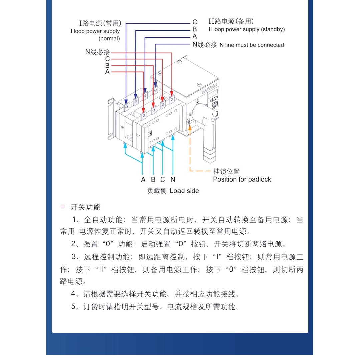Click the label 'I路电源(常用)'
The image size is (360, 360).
click(x=100, y=23)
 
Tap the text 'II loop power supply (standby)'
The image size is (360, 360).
click(x=246, y=29)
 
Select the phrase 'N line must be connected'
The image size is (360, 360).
click(x=252, y=45)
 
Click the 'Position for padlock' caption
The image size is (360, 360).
click(x=242, y=179)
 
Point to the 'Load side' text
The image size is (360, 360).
click(x=184, y=191)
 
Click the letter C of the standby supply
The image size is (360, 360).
click(x=195, y=22)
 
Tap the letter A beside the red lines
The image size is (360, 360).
click(x=107, y=72)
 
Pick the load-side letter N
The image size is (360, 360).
click(x=173, y=179)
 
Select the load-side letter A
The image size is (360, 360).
click(x=143, y=179)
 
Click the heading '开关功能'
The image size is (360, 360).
click(x=85, y=207)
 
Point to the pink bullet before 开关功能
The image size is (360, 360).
click(x=63, y=207)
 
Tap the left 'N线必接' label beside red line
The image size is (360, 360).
click(x=97, y=52)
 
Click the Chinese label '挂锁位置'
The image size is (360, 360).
click(x=226, y=171)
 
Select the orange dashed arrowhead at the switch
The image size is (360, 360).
click(x=190, y=128)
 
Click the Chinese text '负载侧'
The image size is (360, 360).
click(x=157, y=191)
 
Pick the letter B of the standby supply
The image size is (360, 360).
click(x=195, y=29)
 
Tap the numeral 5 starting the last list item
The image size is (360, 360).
click(x=73, y=306)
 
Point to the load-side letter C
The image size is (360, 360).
click(x=163, y=179)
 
